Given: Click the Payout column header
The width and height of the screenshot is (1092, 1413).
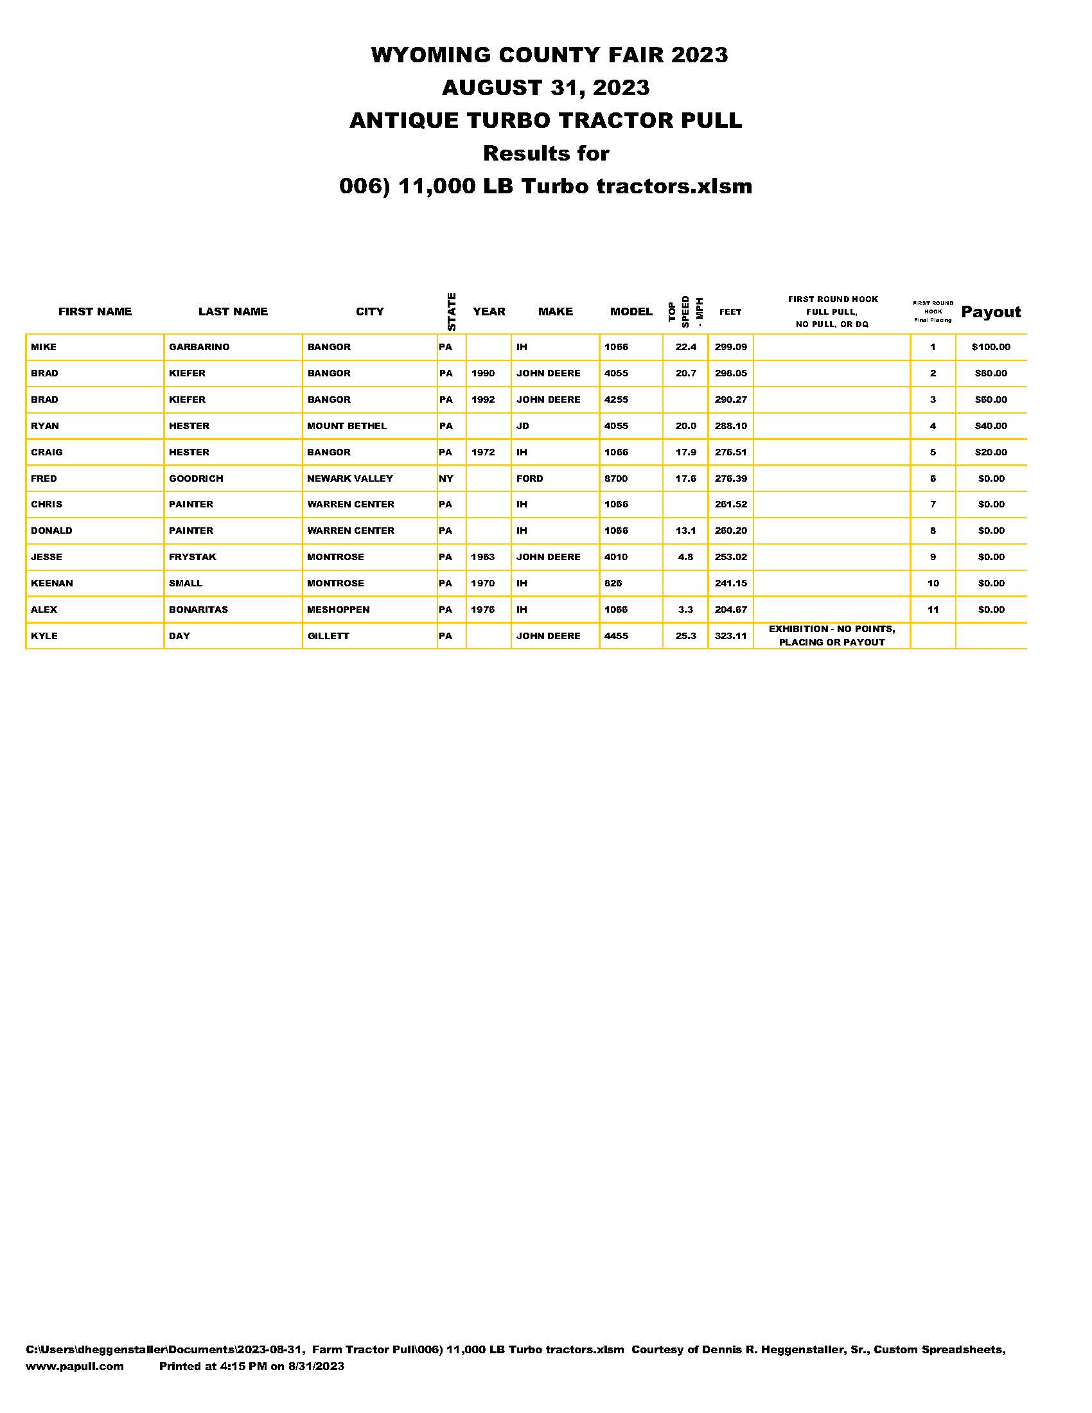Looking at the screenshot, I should tap(991, 312).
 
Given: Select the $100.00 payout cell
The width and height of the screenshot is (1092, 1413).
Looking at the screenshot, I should tap(991, 347).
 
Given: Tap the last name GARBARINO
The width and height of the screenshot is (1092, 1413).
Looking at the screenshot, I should tap(199, 347).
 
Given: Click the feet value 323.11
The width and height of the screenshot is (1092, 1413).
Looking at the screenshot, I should tap(730, 636).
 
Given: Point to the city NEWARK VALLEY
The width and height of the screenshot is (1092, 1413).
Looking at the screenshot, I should tap(350, 478).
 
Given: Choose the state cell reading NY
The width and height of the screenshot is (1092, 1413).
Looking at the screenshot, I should tap(446, 478).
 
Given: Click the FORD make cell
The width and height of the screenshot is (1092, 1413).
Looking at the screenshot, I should tap(529, 478).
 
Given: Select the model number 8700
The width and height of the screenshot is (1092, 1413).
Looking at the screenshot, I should tap(616, 478).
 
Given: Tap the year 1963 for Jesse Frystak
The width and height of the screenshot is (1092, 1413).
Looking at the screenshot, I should tap(482, 557).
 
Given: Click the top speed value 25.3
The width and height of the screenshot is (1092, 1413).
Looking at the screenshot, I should tap(686, 636).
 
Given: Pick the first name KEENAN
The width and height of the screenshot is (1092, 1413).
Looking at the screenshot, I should tap(52, 583).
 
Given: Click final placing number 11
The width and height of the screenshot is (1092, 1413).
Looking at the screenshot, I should tap(933, 610).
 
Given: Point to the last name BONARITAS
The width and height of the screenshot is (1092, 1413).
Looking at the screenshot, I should tap(198, 610).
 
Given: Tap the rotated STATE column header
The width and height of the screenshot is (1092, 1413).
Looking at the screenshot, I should tap(452, 312).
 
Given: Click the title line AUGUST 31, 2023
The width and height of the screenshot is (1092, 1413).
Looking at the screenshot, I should tap(545, 87).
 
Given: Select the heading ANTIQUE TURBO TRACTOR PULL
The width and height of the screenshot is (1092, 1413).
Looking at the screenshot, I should tap(545, 120).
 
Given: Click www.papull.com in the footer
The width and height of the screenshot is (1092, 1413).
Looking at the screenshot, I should tap(75, 1365).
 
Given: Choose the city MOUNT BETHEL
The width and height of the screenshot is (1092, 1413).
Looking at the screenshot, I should tap(347, 426).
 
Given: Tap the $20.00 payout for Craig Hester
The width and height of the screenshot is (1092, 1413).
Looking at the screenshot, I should tap(991, 452).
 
